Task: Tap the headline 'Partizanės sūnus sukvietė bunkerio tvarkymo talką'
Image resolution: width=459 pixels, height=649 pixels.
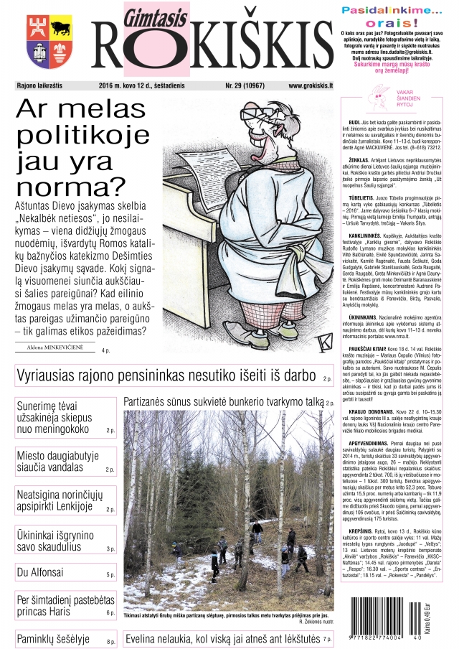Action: click(x=222, y=403)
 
